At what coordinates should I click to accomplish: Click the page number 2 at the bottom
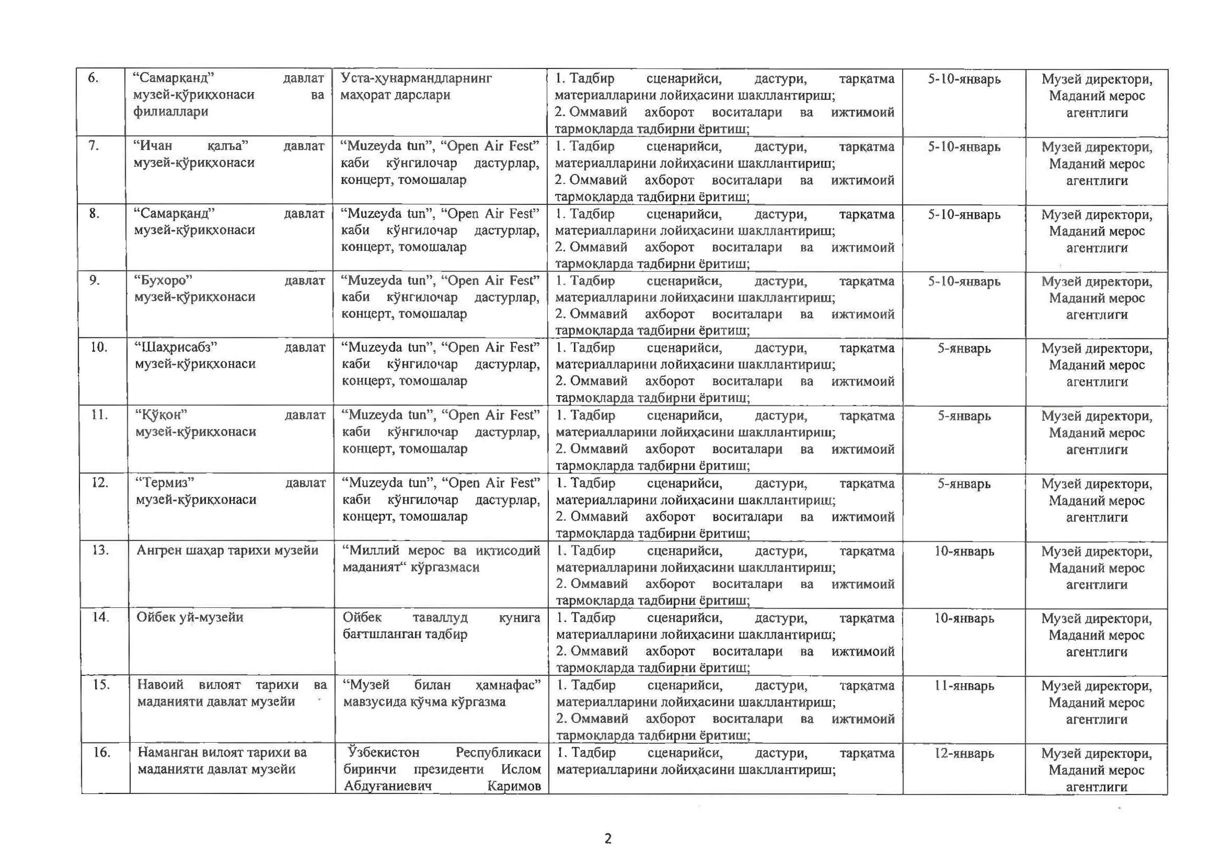608,839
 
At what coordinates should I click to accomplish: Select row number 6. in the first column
93,78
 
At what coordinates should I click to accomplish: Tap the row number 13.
100,550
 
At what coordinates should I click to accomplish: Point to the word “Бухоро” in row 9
163,280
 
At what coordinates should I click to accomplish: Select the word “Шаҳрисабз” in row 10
176,347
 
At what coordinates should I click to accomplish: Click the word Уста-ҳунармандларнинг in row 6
416,78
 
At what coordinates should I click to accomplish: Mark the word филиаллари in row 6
170,112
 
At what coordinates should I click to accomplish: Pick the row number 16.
101,752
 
